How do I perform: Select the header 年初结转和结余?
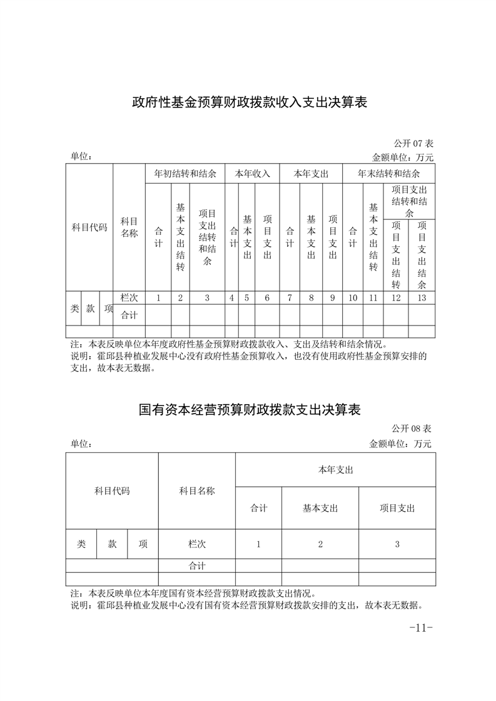[185, 174]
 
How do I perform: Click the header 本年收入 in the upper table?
[252, 174]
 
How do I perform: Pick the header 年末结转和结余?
[388, 174]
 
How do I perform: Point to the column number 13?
[422, 298]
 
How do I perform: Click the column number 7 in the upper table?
[290, 298]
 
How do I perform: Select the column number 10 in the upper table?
[353, 298]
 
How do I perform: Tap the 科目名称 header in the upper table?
[129, 227]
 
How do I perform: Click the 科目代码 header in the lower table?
[112, 491]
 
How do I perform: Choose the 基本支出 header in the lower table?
[320, 509]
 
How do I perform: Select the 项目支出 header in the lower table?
[397, 509]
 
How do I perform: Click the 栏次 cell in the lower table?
[196, 544]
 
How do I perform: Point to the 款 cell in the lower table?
[112, 544]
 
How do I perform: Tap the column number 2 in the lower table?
[320, 544]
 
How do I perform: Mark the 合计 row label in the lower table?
[196, 566]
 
